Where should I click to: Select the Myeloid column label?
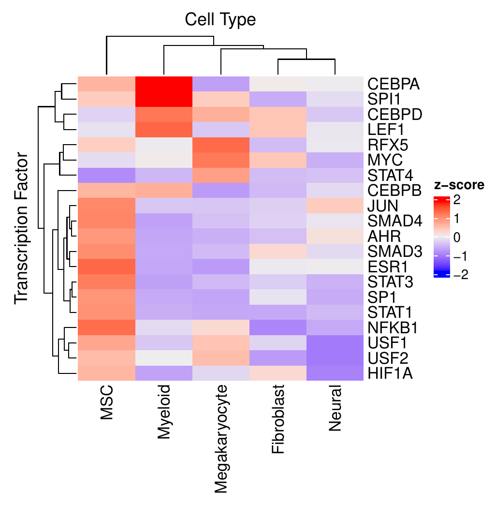164,412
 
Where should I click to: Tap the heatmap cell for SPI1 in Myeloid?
163,99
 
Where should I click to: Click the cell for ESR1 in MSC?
106,267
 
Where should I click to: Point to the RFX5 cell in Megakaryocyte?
220,145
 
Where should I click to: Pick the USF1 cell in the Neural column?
335,342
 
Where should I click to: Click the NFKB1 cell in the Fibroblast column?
278,327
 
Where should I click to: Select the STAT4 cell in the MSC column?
106,176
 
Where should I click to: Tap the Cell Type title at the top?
220,20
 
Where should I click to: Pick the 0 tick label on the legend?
457,237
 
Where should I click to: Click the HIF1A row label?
391,373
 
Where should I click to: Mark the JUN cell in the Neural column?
335,206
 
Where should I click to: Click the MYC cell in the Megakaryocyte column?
220,160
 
